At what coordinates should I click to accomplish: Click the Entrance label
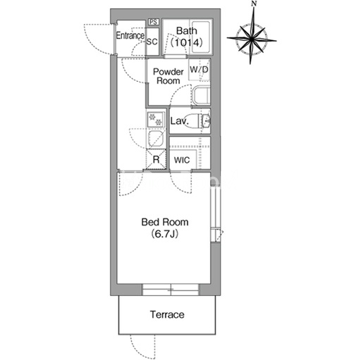coord(130,35)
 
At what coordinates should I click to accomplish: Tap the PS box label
coord(154,22)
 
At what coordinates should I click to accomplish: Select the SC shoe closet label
coord(152,42)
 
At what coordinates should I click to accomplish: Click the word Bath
coord(187,31)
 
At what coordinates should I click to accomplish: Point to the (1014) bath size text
coord(187,42)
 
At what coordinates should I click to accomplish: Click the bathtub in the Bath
coord(201,37)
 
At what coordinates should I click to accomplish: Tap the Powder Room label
coord(169,76)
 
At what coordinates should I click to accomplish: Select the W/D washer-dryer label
coord(199,70)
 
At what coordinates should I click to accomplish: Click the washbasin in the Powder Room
coord(202,96)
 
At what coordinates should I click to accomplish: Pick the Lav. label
coord(180,121)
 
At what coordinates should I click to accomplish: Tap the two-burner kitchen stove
coord(155,119)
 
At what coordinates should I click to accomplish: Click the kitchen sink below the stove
coord(155,139)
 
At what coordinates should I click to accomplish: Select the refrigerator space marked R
coord(156,159)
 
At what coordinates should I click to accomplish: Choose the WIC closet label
coord(182,160)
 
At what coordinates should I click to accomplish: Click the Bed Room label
coord(165,222)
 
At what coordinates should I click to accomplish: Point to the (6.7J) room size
coord(164,234)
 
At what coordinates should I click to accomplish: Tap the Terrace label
coord(167,314)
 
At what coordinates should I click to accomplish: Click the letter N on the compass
coord(254,4)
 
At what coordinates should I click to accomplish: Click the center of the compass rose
coord(252,39)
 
